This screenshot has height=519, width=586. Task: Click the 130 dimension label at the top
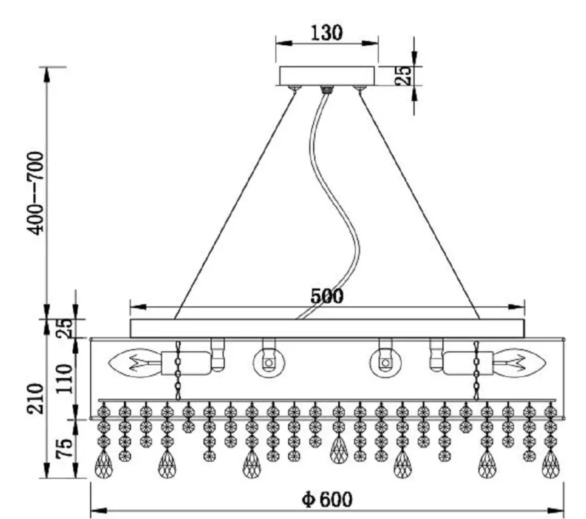click(x=326, y=33)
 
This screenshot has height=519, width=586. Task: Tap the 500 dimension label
click(x=327, y=296)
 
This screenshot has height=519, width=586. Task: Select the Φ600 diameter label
click(x=327, y=499)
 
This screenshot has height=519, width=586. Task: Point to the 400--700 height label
click(x=37, y=193)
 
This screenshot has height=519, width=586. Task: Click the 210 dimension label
click(x=35, y=398)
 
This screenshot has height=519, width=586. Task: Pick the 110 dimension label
click(x=64, y=378)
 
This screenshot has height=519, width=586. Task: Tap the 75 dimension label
click(x=64, y=448)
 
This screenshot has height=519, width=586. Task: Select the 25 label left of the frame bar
click(x=64, y=328)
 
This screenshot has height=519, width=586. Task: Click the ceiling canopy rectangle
click(x=327, y=76)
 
